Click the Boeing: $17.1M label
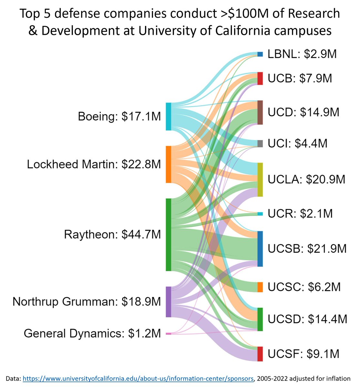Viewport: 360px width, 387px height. pos(119,116)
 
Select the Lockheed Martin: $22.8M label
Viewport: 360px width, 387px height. pos(94,164)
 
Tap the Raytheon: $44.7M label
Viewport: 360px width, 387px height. pos(112,234)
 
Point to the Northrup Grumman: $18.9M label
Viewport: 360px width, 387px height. pos(87,302)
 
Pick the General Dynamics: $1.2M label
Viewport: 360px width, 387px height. pos(92,333)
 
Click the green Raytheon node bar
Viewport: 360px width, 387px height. pos(169,234)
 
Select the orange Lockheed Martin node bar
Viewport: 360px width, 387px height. pos(169,164)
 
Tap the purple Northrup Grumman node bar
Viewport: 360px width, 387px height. pos(169,302)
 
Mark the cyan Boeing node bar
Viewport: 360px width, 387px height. pos(169,116)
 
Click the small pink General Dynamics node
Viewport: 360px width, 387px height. pos(169,334)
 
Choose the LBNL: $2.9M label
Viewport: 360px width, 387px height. pos(302,54)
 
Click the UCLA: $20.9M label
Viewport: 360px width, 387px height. pos(306,179)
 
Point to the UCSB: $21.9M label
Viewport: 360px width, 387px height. pos(307,249)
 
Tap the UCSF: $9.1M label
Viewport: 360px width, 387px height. pos(303,354)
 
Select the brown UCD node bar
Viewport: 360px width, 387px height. pos(260,112)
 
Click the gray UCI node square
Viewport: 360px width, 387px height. pos(260,144)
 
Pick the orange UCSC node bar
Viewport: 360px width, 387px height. pos(260,287)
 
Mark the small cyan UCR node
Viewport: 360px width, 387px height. pos(260,214)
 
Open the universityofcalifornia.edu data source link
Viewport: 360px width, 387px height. pos(138,379)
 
